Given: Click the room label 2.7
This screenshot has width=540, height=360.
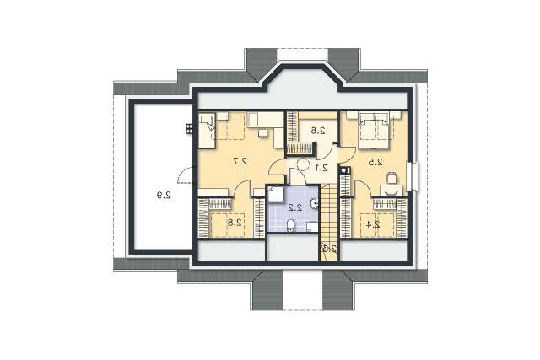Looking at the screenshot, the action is [240, 161].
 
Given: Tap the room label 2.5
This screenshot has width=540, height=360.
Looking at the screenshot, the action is [375, 162].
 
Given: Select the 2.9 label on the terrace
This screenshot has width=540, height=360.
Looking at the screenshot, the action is [164, 195].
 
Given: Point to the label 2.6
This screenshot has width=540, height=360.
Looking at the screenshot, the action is [318, 131].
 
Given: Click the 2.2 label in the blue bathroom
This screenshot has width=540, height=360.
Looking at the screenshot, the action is [295, 207].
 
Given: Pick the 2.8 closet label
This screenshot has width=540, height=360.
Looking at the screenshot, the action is [235, 223].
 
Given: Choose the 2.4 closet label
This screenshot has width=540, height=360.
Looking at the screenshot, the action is [373, 224].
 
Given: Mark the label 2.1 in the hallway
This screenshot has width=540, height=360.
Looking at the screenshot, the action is [321, 168].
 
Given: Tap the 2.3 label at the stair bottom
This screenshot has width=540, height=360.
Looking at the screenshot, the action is [330, 249].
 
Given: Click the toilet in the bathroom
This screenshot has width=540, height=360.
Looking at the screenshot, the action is [291, 225].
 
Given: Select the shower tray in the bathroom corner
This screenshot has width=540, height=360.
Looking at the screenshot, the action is [276, 195].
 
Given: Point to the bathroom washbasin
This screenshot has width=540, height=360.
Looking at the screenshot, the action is [314, 203].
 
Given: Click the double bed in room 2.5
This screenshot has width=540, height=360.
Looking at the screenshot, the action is [374, 130].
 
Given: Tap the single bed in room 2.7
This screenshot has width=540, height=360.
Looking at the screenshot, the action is [207, 130].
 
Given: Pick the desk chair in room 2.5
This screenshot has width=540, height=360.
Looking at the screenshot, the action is [391, 178].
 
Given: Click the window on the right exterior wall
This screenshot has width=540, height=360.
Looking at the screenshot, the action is [413, 176].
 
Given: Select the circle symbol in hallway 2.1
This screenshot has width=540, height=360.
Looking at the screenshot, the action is [303, 164].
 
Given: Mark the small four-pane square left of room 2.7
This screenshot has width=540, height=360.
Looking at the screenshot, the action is [189, 129].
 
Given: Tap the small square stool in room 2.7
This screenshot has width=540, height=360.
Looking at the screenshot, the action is [262, 133].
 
